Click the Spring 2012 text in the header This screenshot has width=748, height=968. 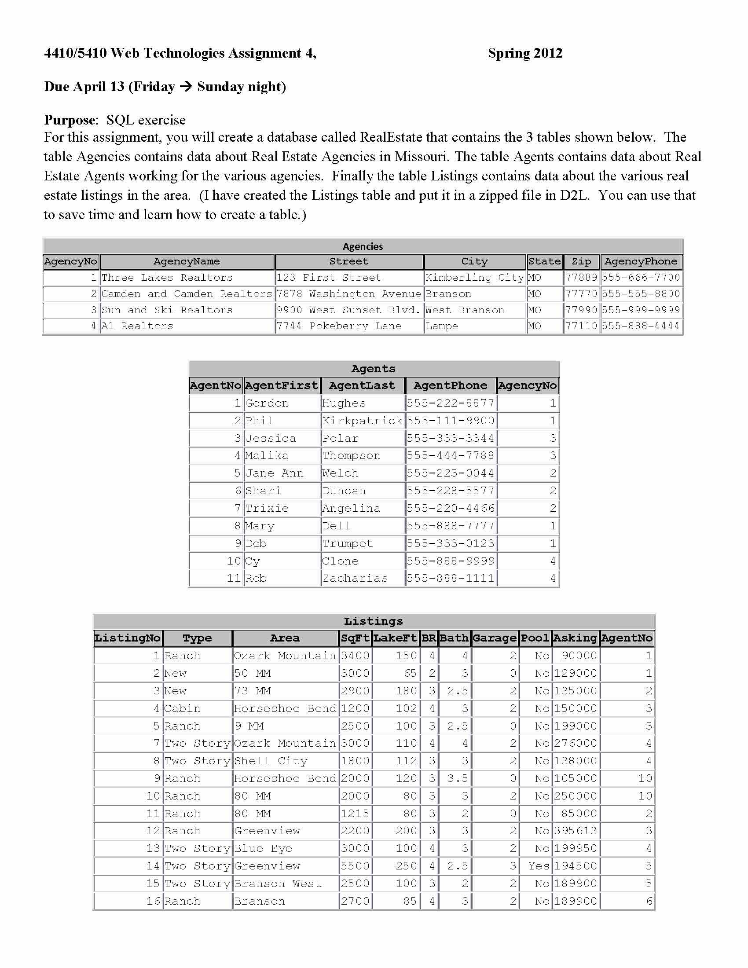524,53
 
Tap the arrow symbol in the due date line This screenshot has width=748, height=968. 186,86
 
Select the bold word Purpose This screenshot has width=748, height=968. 70,120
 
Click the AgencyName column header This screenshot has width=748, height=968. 187,261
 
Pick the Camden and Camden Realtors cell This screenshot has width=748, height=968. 187,294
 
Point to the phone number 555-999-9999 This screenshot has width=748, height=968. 641,310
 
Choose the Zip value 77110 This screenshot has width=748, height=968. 581,326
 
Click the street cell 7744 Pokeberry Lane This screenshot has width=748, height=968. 339,326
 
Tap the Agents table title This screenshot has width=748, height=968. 373,369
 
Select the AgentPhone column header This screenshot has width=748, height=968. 450,385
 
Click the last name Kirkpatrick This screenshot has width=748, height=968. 363,421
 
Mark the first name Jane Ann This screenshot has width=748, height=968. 274,473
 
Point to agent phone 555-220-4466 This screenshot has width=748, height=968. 450,508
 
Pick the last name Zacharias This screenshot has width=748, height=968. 356,579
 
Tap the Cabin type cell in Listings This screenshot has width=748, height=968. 182,709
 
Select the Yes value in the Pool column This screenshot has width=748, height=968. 539,866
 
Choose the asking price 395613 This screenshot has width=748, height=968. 575,831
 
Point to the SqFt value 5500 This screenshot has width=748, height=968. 355,866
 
